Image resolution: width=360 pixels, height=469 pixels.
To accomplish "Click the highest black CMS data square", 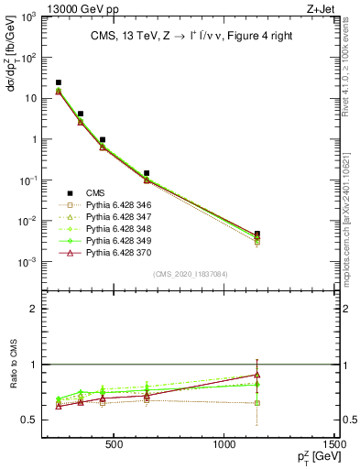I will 59,82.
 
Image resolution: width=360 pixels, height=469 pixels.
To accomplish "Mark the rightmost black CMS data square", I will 257,234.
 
